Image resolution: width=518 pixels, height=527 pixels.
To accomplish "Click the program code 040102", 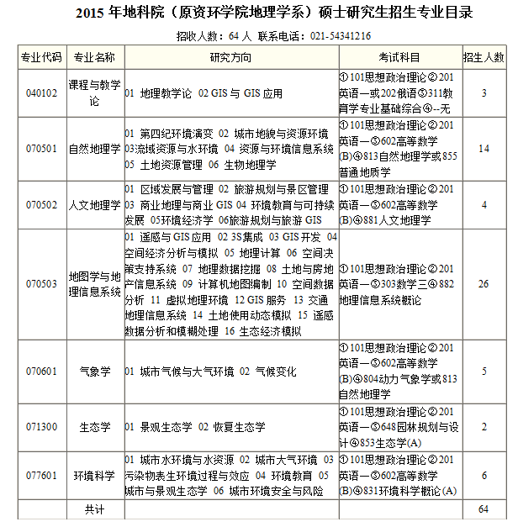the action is point(41,93).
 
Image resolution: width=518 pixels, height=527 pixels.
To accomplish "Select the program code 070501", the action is point(41,149).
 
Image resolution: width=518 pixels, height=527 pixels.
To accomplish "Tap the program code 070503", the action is point(41,284).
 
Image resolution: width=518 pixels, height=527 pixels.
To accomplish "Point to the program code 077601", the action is point(41,475).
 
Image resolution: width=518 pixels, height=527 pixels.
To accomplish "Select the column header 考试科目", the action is point(399,56).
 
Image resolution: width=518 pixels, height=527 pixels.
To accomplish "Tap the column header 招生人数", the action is point(484,56).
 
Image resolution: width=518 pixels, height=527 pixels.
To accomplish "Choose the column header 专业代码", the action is point(41,56).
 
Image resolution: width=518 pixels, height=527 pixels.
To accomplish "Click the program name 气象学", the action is point(94,371).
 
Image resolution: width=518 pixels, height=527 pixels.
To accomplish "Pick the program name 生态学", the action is point(94,427).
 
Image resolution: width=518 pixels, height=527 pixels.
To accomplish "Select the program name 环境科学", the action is point(94,475).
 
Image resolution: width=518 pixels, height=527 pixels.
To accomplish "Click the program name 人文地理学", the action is point(94,204).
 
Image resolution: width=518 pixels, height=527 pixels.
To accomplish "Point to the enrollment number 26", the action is point(484,284).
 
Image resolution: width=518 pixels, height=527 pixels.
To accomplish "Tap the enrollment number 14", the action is point(484,149).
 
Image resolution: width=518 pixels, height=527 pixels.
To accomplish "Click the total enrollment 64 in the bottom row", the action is point(484,509).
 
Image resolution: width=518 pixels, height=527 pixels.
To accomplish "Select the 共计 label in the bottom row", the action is point(94,509).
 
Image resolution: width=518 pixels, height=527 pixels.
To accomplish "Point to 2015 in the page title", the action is point(91,13).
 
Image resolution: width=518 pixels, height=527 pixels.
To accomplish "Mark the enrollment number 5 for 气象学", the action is point(484,371).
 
